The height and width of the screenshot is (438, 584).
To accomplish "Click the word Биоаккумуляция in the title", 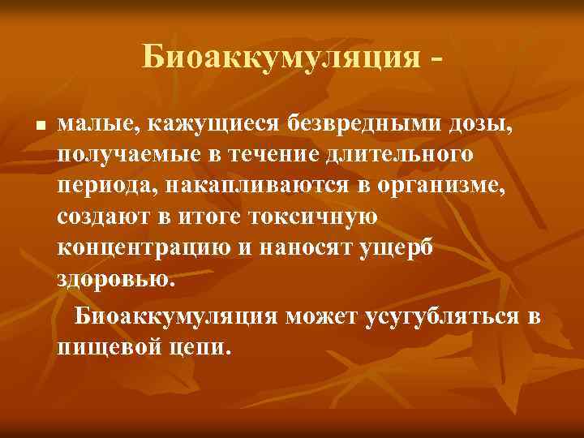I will point(281,58).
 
